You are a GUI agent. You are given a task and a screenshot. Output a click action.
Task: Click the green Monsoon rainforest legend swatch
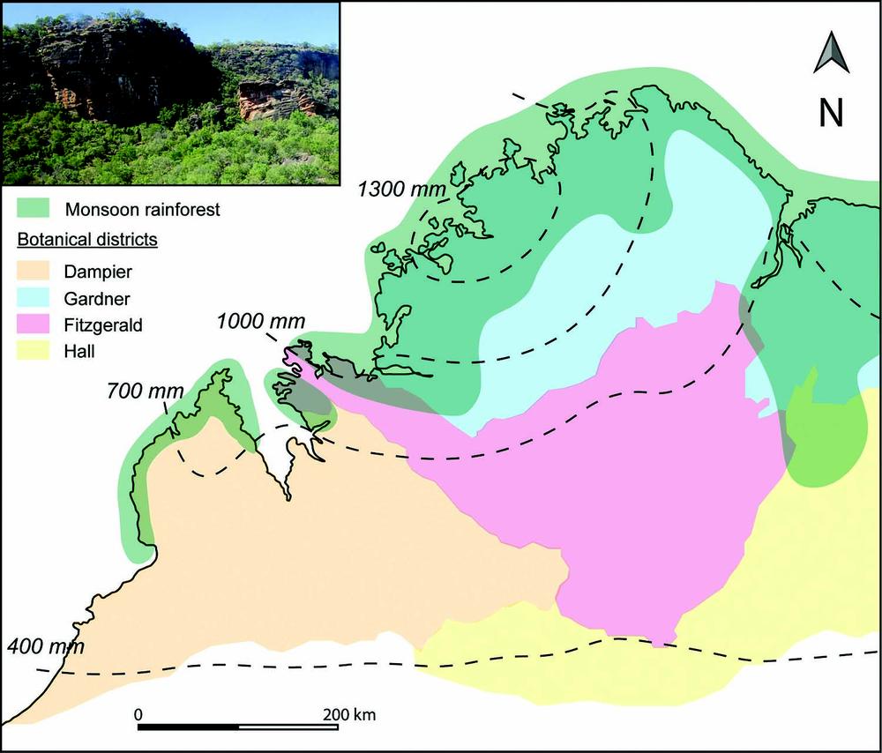coord(35,209)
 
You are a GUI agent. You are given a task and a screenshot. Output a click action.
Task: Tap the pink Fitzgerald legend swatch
coord(35,324)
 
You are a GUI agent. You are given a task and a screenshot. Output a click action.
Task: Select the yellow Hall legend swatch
coord(35,351)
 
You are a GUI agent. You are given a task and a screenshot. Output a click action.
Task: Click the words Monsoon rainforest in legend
coord(142,210)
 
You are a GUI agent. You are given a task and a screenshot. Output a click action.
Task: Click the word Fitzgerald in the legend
coord(102,324)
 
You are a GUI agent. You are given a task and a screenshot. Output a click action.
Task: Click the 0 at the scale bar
coord(138,712)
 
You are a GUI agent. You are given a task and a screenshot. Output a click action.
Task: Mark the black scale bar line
coord(238,727)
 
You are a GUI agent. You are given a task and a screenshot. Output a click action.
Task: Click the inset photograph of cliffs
coord(171,94)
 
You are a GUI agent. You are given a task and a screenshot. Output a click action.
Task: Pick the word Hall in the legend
coord(79,351)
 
